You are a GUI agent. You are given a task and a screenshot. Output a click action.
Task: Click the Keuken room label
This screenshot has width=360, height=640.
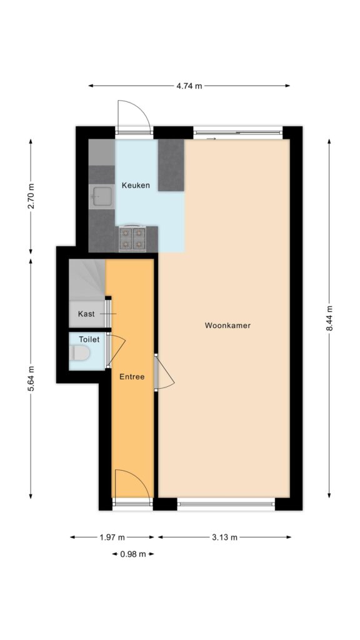(x=136, y=185)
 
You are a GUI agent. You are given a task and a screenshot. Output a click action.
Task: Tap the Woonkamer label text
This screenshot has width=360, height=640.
(x=227, y=326)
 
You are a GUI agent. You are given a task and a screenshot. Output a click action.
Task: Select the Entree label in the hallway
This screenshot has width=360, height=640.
(x=132, y=377)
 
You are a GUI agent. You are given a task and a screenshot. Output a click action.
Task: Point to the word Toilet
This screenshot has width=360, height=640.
(x=89, y=339)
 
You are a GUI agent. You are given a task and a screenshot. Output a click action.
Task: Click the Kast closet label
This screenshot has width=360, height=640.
(x=86, y=314)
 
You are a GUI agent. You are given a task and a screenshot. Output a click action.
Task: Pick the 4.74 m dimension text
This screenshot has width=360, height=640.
(x=189, y=86)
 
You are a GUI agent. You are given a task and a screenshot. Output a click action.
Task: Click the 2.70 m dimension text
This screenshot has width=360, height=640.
(x=31, y=196)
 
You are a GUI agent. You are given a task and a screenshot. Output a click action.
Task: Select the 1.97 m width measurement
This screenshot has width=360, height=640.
(x=112, y=537)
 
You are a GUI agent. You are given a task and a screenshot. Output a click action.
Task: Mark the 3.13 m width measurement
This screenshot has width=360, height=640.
(x=224, y=537)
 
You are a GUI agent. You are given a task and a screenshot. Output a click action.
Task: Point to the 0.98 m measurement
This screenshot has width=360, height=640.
(x=133, y=554)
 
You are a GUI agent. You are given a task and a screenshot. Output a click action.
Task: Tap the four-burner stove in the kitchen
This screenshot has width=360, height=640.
(x=132, y=238)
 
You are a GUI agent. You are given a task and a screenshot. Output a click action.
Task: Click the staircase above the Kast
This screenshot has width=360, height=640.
(x=87, y=279)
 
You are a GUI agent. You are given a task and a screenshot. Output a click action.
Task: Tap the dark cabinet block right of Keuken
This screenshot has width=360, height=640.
(x=171, y=165)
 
